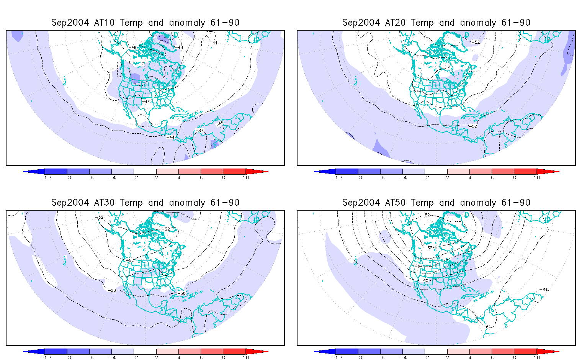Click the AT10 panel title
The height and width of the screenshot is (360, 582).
tap(145, 23)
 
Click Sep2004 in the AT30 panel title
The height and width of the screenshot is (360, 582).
tap(70, 203)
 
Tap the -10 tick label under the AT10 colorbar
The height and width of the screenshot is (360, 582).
tap(45, 178)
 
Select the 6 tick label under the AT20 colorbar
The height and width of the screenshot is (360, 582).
tap(492, 178)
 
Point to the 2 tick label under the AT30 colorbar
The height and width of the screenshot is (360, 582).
tap(157, 358)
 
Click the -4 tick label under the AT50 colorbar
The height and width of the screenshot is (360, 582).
tap(402, 358)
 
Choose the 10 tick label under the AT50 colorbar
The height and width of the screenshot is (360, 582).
tap(537, 358)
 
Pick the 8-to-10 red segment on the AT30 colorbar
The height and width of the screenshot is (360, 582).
tap(234, 352)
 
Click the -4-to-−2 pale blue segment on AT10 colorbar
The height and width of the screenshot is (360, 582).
tap(123, 172)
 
